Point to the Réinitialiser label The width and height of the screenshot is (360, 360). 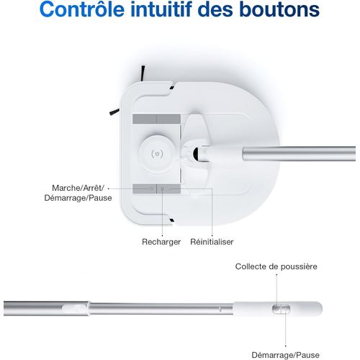212,242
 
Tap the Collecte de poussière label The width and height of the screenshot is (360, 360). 276,266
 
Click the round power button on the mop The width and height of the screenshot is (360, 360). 158,153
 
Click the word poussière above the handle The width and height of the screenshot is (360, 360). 298,266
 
